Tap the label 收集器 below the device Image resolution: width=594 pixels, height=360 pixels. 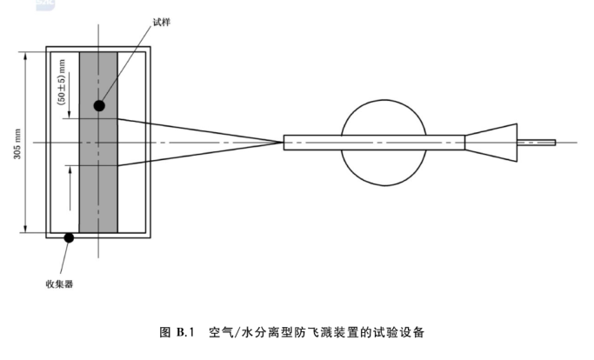(x=59, y=283)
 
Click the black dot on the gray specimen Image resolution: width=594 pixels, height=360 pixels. (x=100, y=105)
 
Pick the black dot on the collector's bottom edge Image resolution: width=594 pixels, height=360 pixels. (x=69, y=237)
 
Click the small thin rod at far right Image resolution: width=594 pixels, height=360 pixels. (x=536, y=143)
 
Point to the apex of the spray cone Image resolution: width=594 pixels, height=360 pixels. (x=282, y=142)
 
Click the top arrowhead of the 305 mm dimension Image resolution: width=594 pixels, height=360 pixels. (x=27, y=53)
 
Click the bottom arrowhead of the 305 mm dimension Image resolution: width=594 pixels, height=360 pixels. (x=27, y=230)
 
